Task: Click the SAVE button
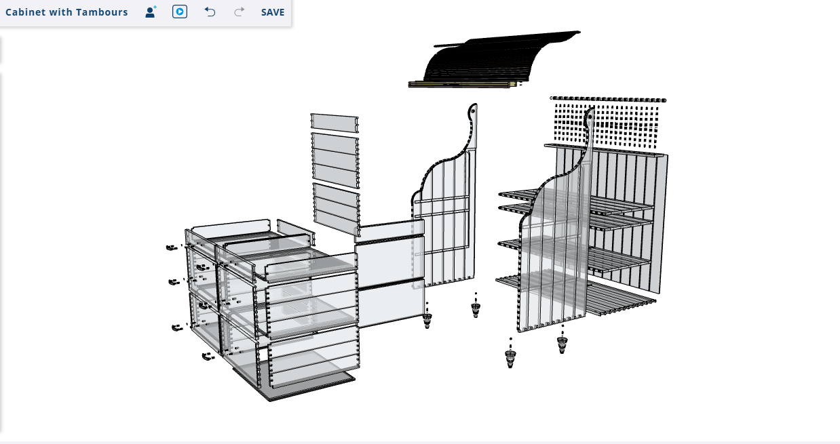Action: [x=273, y=12]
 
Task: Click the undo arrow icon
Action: [x=210, y=12]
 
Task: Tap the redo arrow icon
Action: [x=240, y=12]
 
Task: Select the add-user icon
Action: [x=151, y=12]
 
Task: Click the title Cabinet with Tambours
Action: [x=66, y=12]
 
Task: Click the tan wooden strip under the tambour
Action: [x=462, y=84]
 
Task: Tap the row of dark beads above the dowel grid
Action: [x=608, y=99]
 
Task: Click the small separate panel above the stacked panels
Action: [x=335, y=123]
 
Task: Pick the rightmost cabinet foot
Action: [x=562, y=342]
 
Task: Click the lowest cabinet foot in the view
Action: [x=510, y=357]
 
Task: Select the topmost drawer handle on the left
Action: [x=172, y=247]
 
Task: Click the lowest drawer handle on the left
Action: [x=208, y=357]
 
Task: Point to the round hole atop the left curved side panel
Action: [x=473, y=111]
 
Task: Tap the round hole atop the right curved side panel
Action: [x=590, y=117]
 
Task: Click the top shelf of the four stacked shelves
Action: [x=575, y=201]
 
